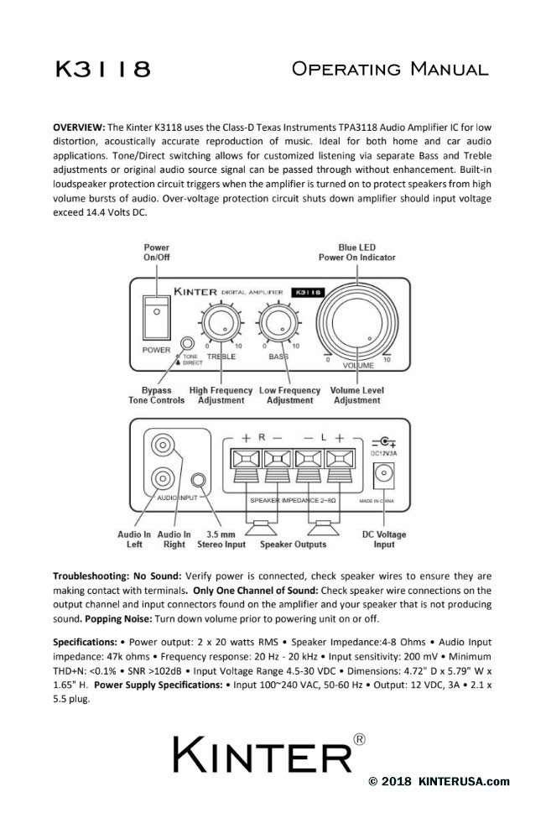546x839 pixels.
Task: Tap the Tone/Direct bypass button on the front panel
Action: [189, 344]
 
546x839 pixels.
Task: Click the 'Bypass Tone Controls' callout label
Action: [156, 395]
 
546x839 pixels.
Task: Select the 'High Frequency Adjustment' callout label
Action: [221, 395]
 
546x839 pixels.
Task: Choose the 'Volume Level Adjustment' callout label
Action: [356, 395]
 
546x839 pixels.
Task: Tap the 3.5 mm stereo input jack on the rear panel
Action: [199, 482]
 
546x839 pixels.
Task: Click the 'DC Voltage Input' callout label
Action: [384, 539]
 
